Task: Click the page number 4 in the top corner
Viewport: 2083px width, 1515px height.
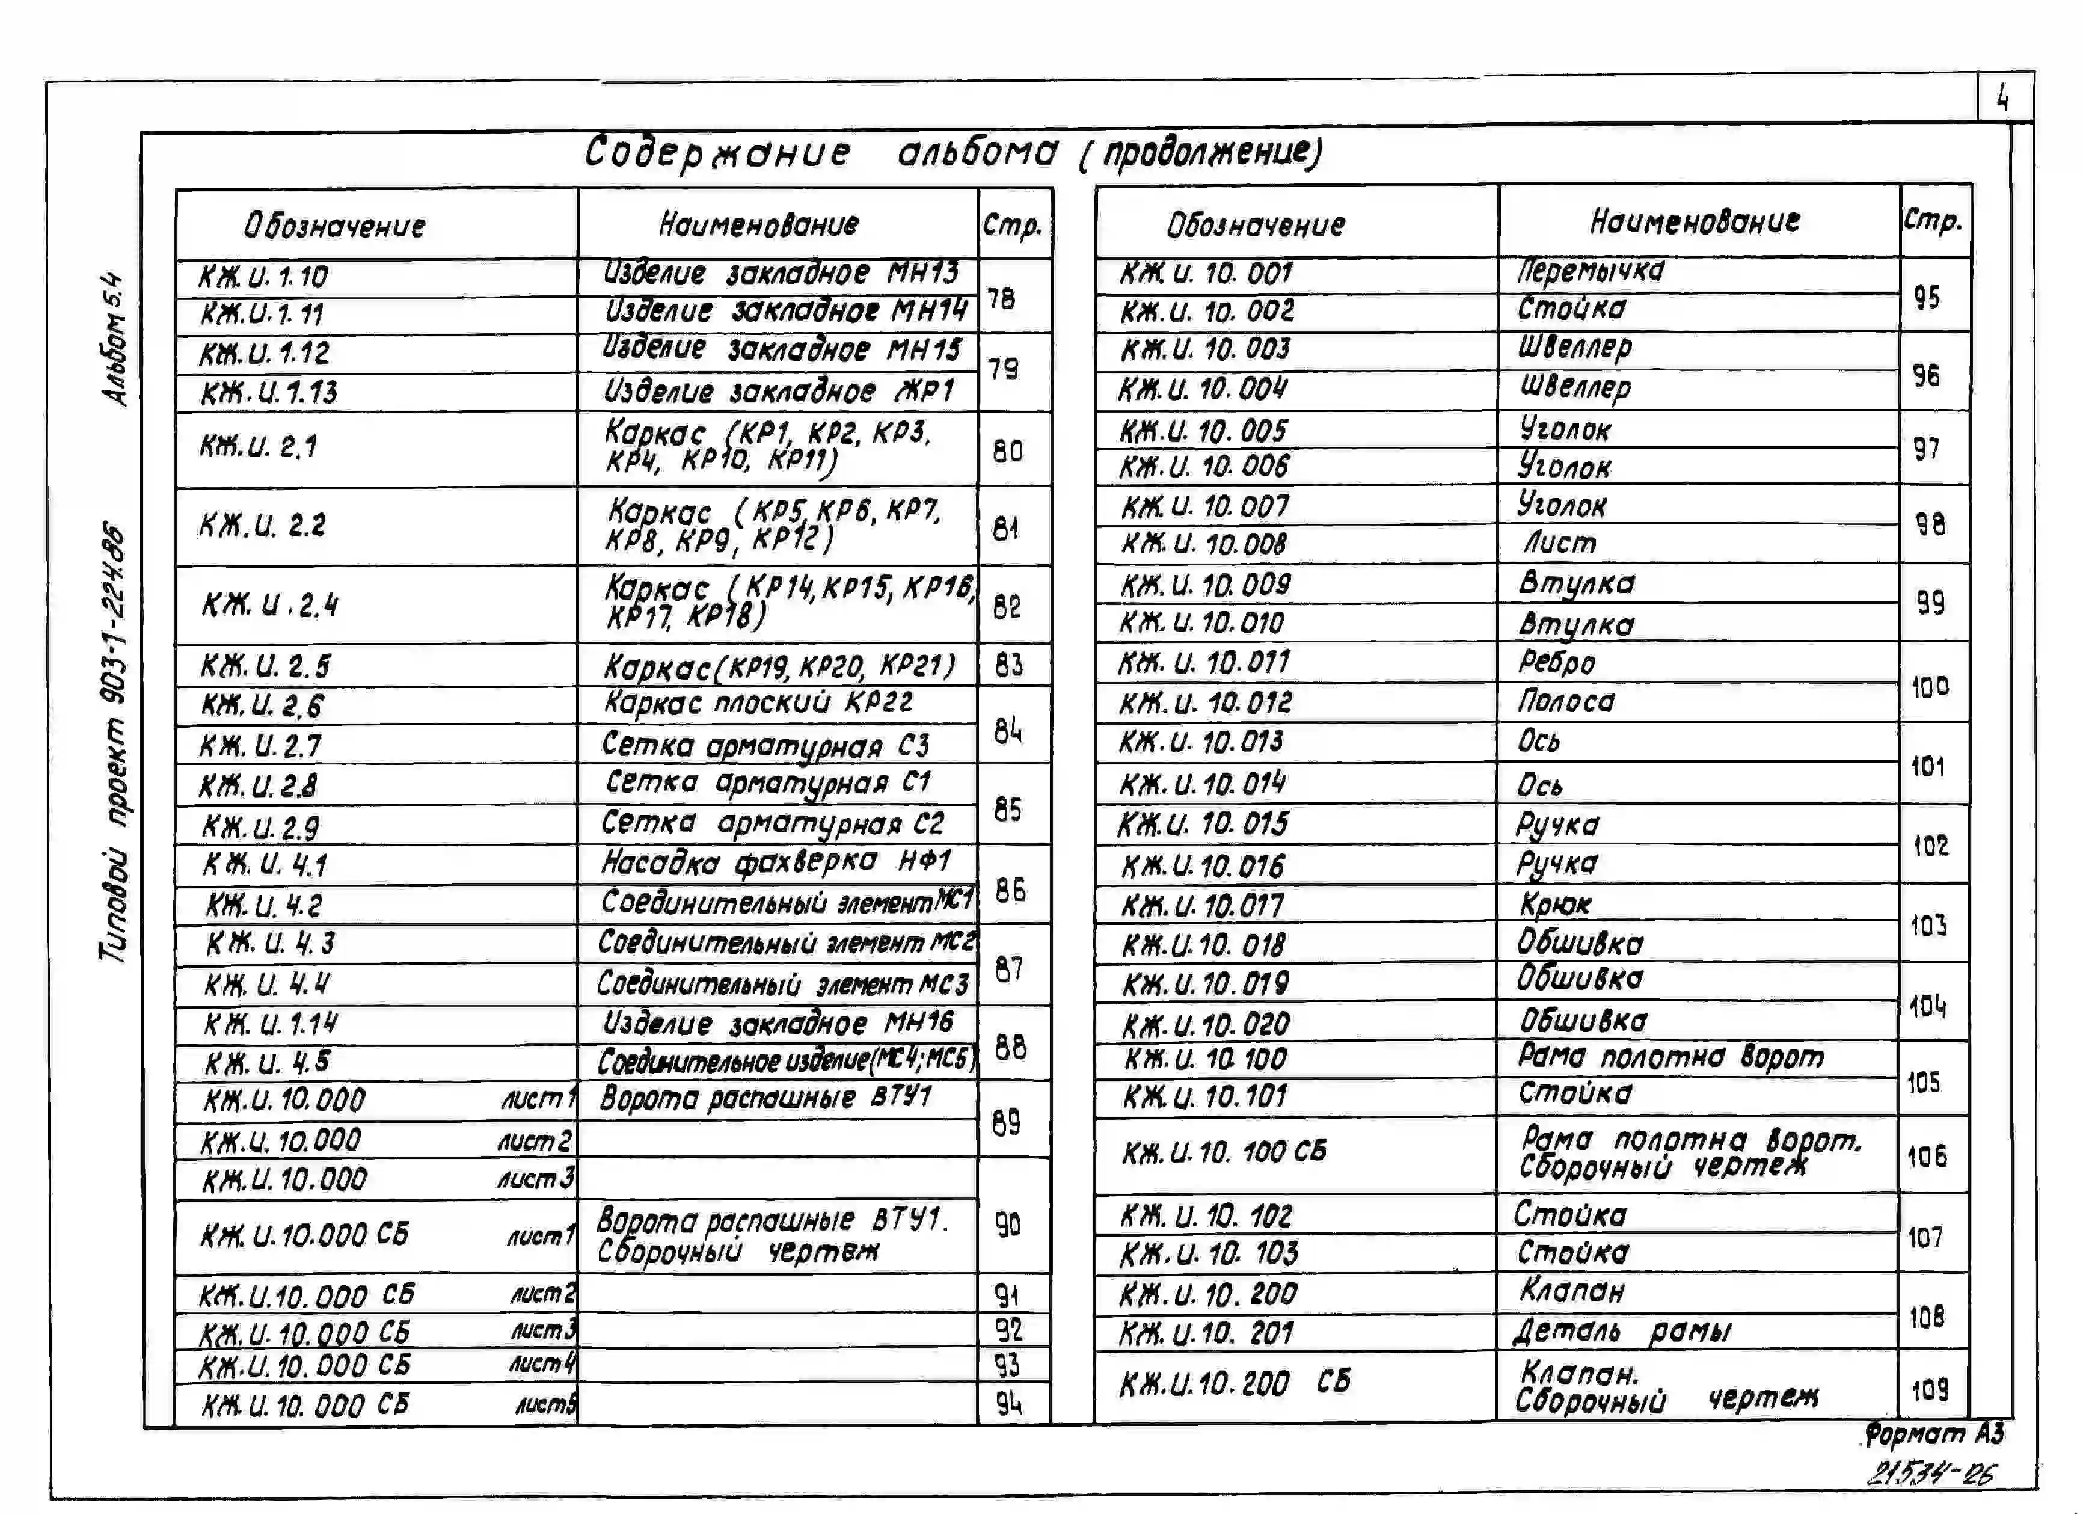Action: pos(2003,97)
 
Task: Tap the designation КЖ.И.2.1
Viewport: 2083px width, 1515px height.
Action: pos(259,447)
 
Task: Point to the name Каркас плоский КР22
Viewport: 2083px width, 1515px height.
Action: pos(758,703)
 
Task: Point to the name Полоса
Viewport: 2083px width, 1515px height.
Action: pos(1566,702)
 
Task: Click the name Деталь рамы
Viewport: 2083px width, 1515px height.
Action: pos(1622,1330)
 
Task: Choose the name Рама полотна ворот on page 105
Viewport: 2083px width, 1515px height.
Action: pos(1670,1057)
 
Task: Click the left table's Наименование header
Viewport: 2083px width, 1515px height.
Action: pos(759,224)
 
